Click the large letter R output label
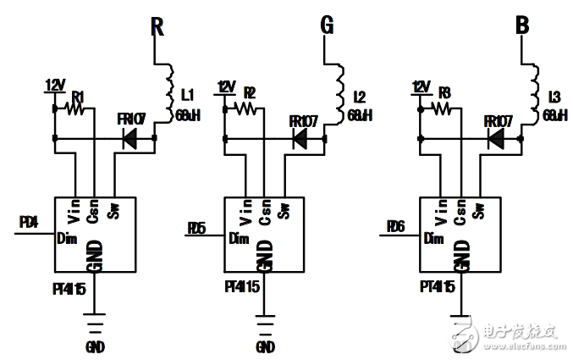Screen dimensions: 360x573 (157, 26)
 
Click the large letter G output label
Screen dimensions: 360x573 (327, 26)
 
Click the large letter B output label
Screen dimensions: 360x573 (523, 26)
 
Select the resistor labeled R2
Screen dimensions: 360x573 (247, 108)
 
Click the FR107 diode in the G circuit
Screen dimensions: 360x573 (300, 137)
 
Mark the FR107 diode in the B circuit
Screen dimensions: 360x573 (496, 137)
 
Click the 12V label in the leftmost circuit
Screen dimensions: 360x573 (55, 86)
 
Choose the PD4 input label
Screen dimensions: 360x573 (28, 222)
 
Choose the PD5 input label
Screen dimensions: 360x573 (196, 227)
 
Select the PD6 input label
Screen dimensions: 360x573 (394, 227)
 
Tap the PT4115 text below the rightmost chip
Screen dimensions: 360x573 (438, 287)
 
